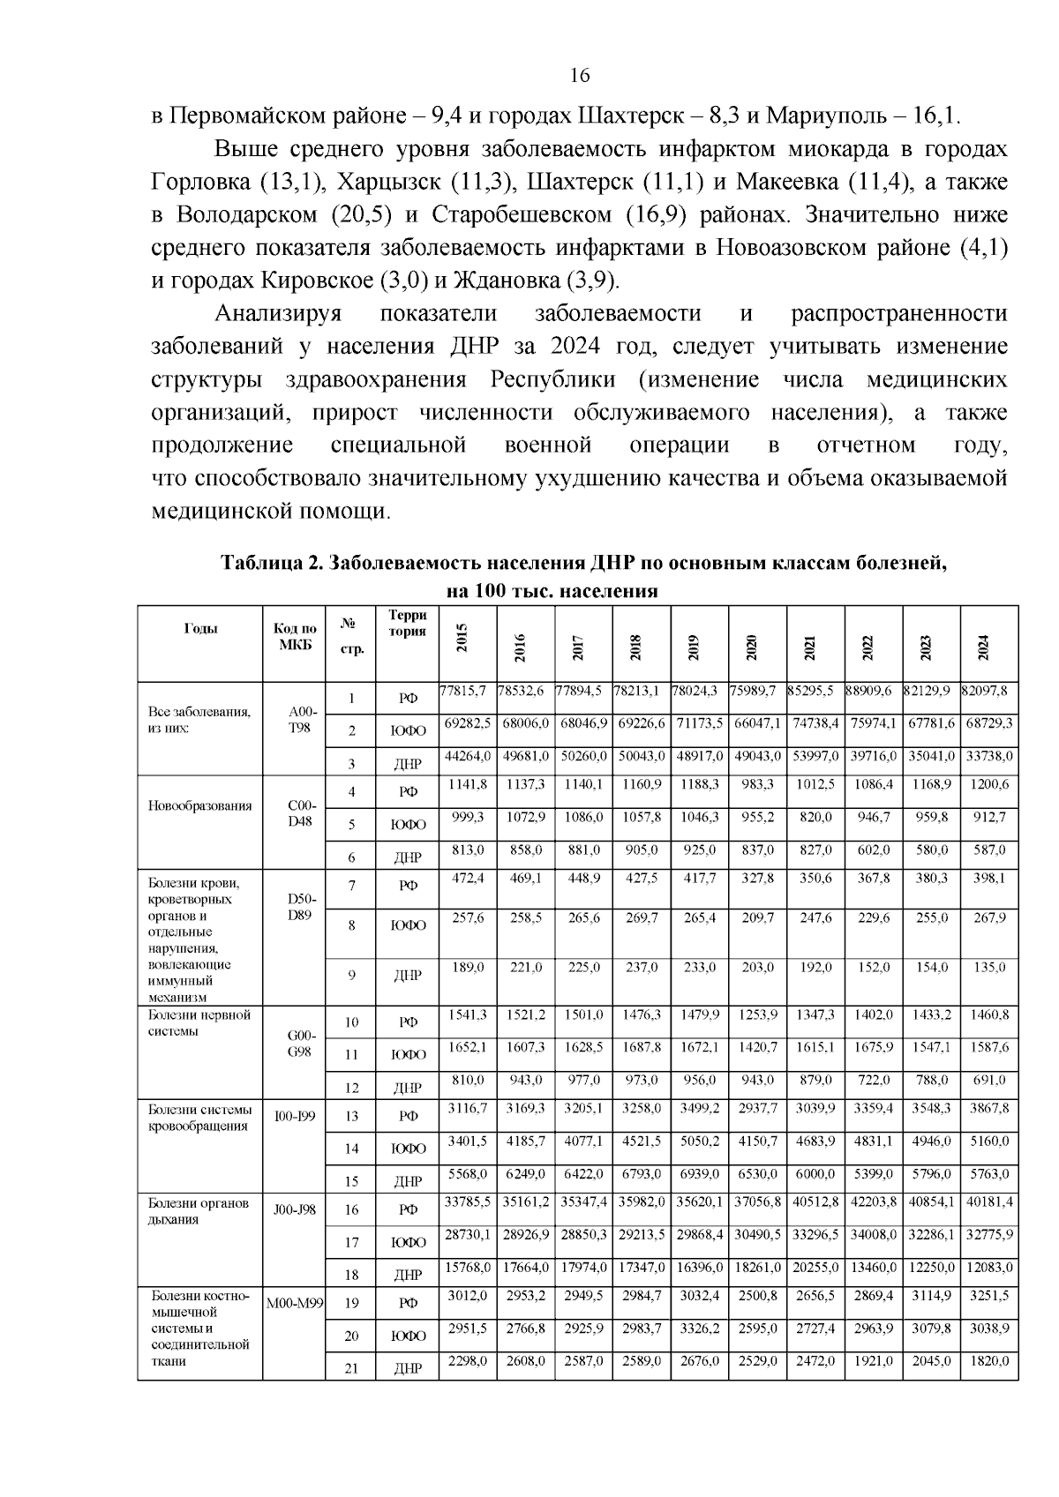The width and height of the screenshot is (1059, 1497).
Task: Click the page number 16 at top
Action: [580, 74]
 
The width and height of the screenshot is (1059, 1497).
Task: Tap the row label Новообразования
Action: [199, 805]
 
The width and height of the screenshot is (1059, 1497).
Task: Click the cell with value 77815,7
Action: [465, 691]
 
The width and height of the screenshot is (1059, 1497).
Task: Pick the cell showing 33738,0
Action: [989, 756]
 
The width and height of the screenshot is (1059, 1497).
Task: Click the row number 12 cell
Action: [351, 1087]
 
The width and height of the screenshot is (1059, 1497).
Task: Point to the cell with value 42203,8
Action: [874, 1201]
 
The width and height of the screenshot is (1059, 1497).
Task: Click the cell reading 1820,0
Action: [989, 1361]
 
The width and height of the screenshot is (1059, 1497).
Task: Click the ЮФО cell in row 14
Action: [408, 1149]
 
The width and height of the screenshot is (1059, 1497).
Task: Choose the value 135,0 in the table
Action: [989, 967]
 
